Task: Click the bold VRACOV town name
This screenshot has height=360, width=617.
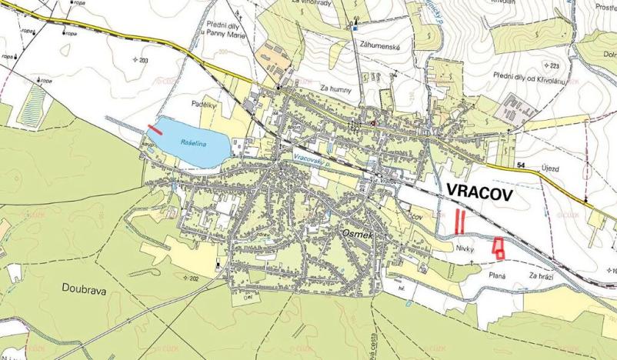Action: [x=479, y=192]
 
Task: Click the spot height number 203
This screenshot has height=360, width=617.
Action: [x=144, y=59]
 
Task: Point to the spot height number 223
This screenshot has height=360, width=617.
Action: [x=553, y=66]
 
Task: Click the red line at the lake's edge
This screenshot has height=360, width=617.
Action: [x=155, y=128]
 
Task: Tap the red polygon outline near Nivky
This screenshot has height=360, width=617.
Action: [x=499, y=248]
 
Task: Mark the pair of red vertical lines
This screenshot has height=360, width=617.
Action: [x=459, y=222]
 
